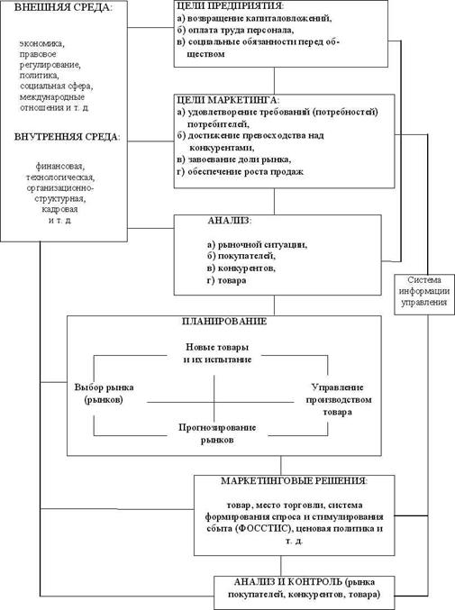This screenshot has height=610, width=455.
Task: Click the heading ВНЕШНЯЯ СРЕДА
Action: (x=62, y=8)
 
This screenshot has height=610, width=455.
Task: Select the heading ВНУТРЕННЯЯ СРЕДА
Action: (x=68, y=137)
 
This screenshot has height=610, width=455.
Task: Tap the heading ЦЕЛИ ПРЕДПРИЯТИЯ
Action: (x=231, y=5)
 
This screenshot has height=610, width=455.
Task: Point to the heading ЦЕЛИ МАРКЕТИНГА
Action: (x=228, y=100)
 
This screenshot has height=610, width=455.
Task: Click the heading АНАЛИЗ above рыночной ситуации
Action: (x=230, y=221)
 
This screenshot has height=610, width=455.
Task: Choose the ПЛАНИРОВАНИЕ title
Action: (x=224, y=322)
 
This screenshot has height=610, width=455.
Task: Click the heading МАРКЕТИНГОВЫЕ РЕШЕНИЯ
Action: (x=294, y=481)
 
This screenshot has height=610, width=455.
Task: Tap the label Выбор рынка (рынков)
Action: (x=104, y=394)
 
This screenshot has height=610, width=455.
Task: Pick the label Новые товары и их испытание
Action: (x=217, y=353)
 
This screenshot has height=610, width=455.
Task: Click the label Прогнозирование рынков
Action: (x=217, y=433)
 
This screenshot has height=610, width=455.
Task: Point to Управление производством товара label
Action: (x=338, y=399)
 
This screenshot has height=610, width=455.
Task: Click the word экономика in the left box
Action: (x=42, y=43)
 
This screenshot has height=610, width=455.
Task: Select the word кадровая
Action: (x=59, y=209)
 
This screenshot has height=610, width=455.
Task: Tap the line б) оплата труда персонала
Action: (x=235, y=30)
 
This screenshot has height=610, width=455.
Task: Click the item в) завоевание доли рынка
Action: (x=233, y=159)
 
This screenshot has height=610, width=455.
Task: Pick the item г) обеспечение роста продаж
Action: (x=240, y=171)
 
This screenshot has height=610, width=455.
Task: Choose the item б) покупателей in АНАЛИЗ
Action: (x=241, y=256)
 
